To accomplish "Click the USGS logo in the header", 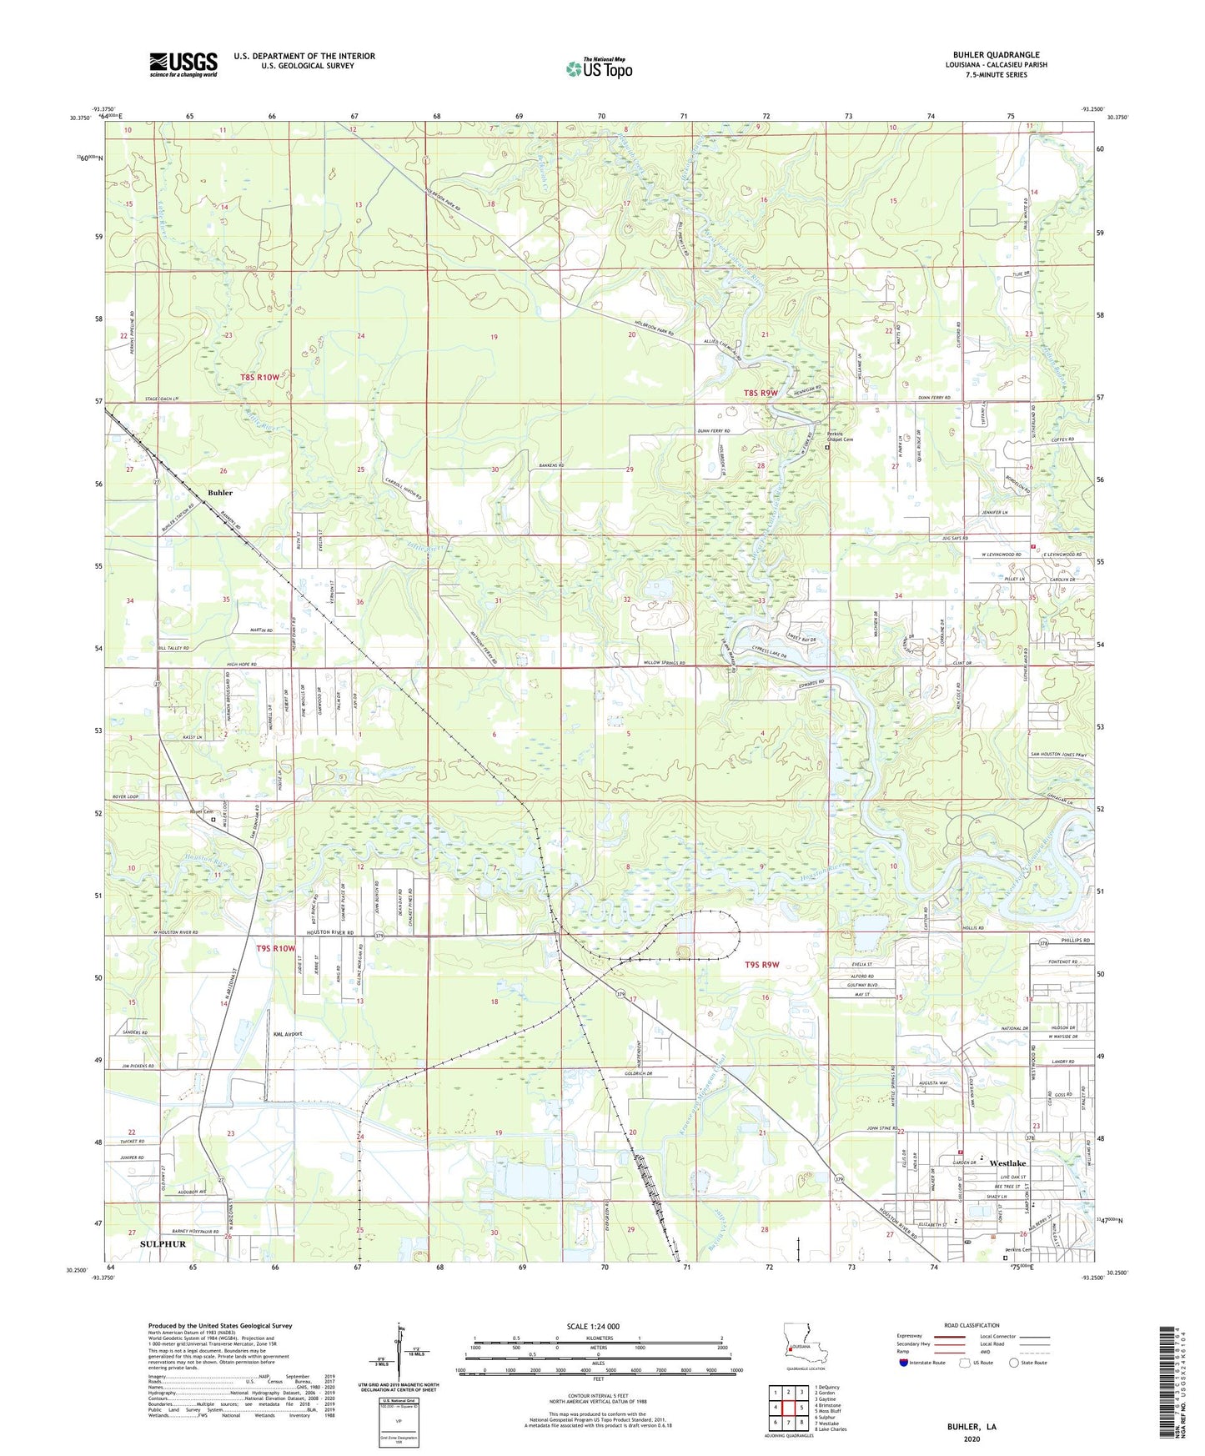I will (x=183, y=64).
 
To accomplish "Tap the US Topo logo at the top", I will (x=599, y=68).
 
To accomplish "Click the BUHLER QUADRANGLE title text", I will (x=996, y=55).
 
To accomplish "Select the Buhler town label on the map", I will (x=220, y=493).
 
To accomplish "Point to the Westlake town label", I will (x=1007, y=1163).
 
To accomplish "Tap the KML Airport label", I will (x=288, y=1034).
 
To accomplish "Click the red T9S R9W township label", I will (x=761, y=965).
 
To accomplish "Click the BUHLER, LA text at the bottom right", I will (x=972, y=1427).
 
